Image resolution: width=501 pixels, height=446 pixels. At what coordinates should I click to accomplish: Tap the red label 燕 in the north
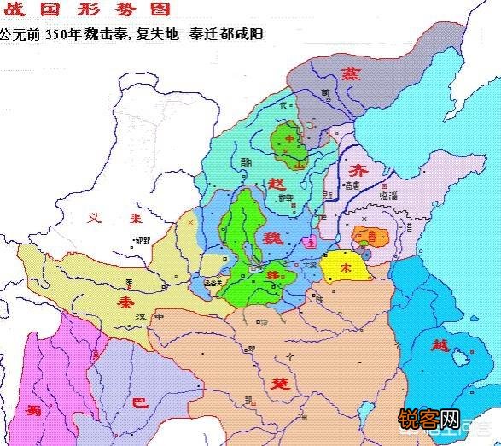click(x=350, y=75)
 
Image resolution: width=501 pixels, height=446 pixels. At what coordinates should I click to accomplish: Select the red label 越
click(x=441, y=345)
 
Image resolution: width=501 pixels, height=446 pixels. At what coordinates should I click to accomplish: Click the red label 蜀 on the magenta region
click(x=33, y=408)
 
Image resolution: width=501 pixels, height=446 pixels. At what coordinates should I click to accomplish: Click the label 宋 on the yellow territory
click(x=346, y=267)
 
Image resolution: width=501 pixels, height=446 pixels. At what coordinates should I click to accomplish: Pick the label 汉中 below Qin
click(x=146, y=317)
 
